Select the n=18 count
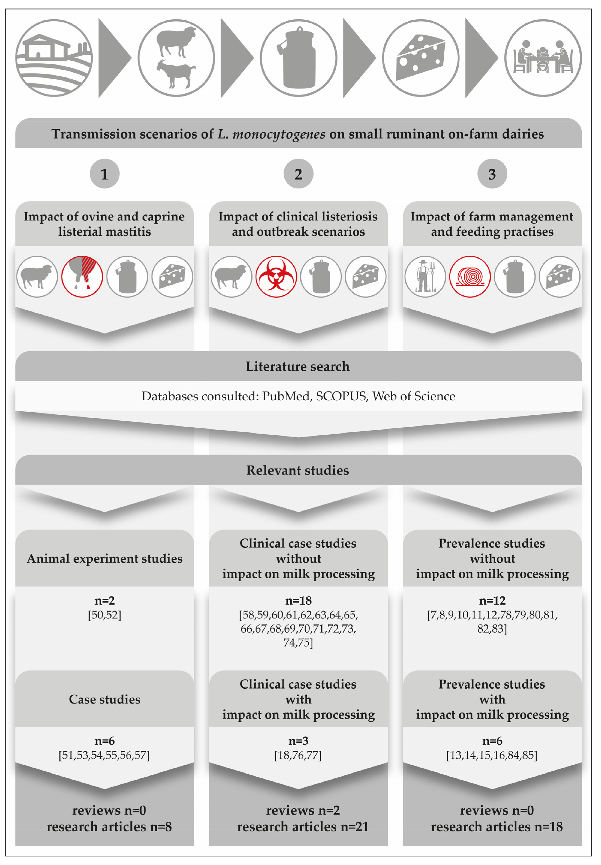tap(298, 600)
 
